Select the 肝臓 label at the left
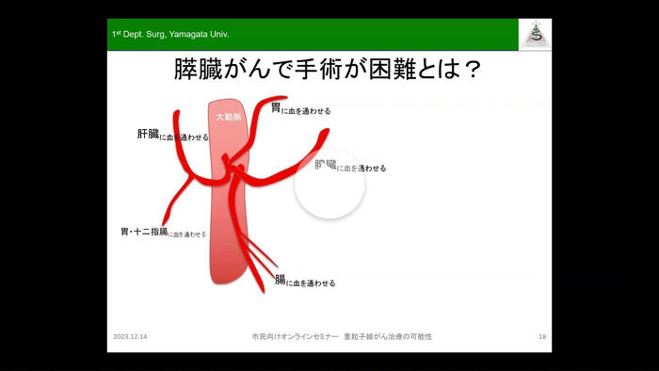[x=148, y=135]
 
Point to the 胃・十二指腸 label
[x=143, y=232]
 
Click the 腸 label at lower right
[x=280, y=280]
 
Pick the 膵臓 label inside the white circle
[x=325, y=165]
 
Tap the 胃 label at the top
[x=275, y=108]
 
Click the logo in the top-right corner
[x=536, y=34]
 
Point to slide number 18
[x=542, y=336]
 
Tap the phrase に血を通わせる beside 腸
[x=311, y=282]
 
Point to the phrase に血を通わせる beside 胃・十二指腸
[x=186, y=234]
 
